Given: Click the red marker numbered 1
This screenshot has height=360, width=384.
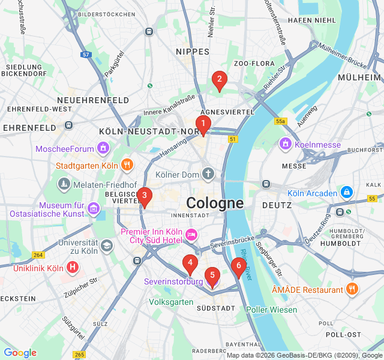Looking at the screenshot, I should (x=203, y=125).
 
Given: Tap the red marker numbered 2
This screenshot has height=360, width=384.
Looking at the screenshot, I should (x=219, y=79).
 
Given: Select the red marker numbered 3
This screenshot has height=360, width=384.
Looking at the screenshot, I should (x=144, y=196).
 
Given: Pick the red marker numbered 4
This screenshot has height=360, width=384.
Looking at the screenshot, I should (x=190, y=263).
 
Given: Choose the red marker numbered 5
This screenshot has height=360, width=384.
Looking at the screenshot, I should (x=212, y=275).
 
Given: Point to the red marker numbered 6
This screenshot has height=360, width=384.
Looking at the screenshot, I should (x=238, y=266).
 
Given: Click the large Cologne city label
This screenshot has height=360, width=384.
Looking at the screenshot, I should (x=215, y=203).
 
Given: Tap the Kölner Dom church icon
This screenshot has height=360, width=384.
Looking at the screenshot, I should (x=208, y=175).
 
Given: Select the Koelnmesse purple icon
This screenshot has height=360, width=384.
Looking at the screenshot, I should (x=285, y=145).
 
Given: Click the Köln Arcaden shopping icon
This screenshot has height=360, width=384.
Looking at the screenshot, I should (x=346, y=193).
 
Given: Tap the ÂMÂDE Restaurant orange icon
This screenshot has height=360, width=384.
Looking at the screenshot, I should (x=352, y=290).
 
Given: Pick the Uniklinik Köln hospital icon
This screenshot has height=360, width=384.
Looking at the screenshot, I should (x=73, y=268).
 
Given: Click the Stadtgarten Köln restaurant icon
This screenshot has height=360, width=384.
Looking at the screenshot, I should (x=127, y=165).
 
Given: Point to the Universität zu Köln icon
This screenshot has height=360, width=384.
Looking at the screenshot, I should (x=106, y=246).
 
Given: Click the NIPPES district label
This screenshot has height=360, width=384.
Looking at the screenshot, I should (x=192, y=52).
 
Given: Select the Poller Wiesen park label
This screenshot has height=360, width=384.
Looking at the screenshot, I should (x=271, y=310).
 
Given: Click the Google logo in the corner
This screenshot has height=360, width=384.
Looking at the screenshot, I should (x=20, y=353).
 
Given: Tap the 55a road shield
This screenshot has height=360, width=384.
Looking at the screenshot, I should (x=280, y=121).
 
